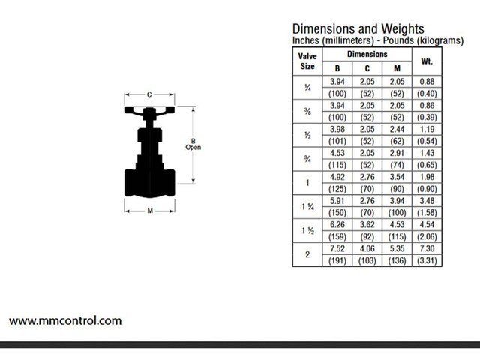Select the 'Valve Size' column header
(x=307, y=61)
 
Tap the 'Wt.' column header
(x=427, y=61)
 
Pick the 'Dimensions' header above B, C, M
(x=367, y=55)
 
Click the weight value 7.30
(x=427, y=248)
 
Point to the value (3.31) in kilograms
(x=427, y=260)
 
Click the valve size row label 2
(x=307, y=254)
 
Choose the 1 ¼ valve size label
(x=307, y=206)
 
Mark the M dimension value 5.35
(x=397, y=248)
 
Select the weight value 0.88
(x=427, y=80)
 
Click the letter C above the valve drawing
(x=149, y=94)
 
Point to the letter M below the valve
(x=149, y=211)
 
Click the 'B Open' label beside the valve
(x=193, y=144)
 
